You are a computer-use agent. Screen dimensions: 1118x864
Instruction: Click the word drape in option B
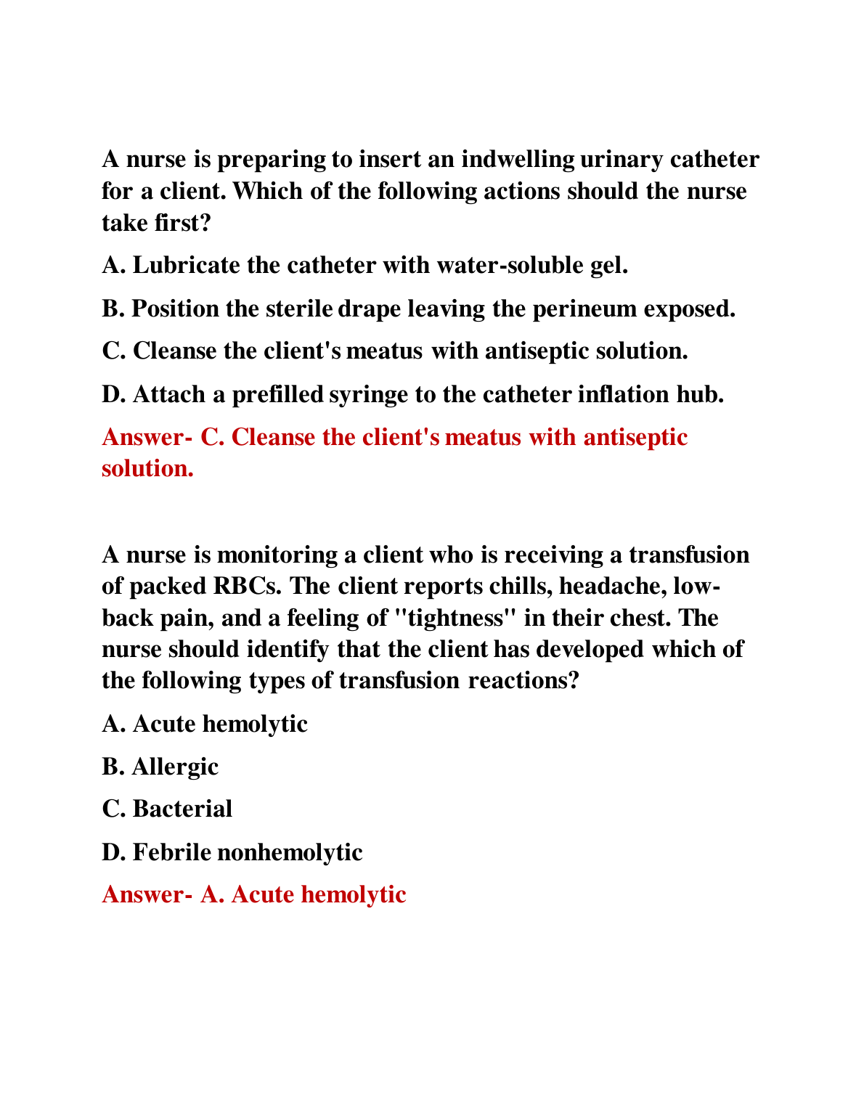point(369,309)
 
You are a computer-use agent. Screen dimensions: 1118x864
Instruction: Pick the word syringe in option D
point(369,394)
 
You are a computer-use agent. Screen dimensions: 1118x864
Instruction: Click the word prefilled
point(277,394)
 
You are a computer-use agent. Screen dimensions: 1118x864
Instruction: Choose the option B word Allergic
point(175,767)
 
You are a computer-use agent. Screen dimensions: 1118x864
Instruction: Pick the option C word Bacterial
point(182,809)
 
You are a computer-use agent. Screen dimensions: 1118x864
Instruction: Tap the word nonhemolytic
point(290,852)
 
